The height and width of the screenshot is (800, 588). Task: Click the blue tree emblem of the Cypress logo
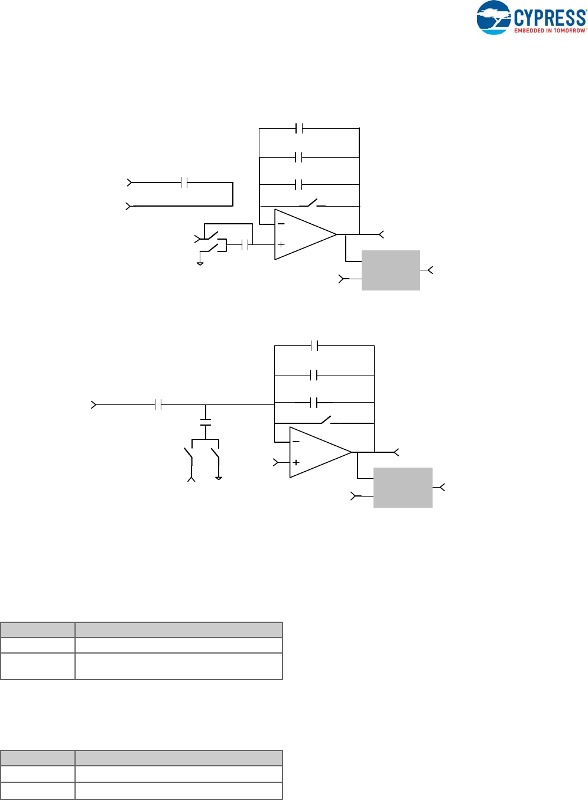(x=493, y=18)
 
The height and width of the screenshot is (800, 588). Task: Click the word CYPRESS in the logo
(x=550, y=17)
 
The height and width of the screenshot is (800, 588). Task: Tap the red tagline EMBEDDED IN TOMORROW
(x=550, y=31)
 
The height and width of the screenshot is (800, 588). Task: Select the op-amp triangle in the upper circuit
(x=304, y=234)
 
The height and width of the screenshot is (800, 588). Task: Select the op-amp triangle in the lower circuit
(x=319, y=452)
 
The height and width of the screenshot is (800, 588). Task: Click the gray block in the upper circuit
(x=391, y=270)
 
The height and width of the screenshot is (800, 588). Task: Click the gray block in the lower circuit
(x=403, y=488)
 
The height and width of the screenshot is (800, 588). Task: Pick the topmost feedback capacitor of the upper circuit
(x=299, y=128)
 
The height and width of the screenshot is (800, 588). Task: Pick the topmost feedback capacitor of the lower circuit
(x=314, y=345)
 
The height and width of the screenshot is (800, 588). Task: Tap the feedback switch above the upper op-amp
(x=312, y=204)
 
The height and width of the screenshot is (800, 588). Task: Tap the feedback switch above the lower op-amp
(x=326, y=420)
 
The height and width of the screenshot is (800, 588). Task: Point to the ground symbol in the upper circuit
(x=200, y=263)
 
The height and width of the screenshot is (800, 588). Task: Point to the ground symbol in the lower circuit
(x=219, y=477)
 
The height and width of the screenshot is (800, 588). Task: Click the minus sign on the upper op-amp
(x=281, y=224)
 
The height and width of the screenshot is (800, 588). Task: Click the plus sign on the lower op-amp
(x=296, y=462)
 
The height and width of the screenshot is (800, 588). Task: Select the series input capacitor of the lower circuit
(x=158, y=405)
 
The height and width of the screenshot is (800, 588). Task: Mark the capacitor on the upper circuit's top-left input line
(x=184, y=183)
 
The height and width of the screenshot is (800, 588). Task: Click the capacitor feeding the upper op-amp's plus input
(x=245, y=244)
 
